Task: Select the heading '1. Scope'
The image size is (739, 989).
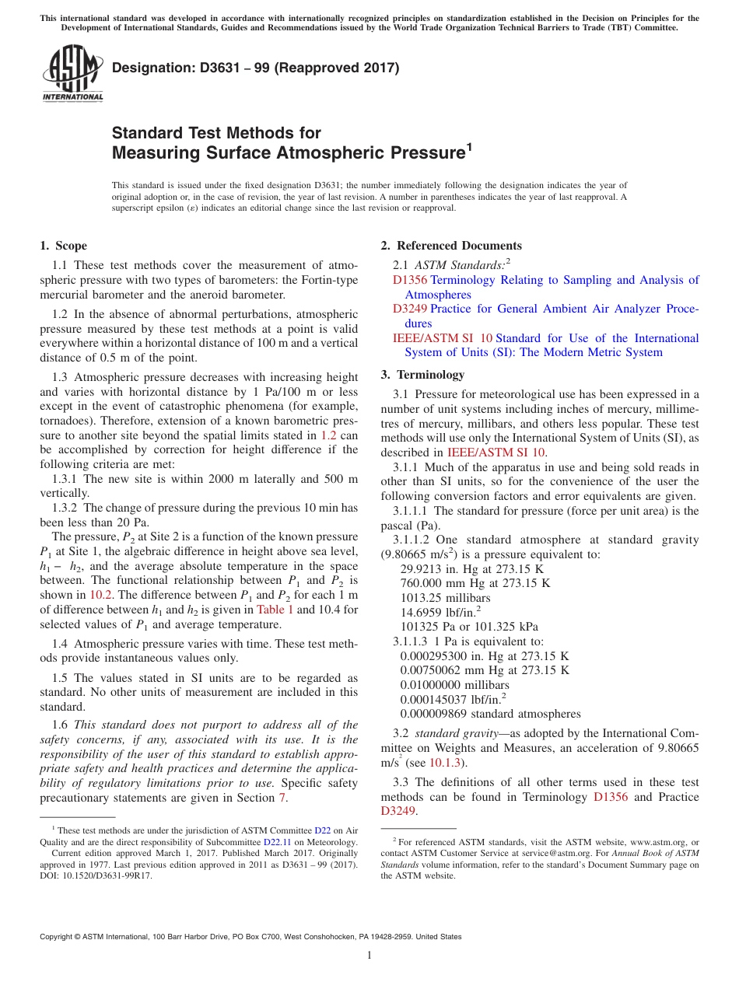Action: pos(63,246)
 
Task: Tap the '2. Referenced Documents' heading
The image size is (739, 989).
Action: pos(451,246)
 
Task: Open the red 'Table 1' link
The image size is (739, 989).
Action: pos(275,610)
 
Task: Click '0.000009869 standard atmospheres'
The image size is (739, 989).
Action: pos(490,714)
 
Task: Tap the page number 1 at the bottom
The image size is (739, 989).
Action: pos(369,955)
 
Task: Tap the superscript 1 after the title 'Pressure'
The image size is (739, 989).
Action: pos(469,145)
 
